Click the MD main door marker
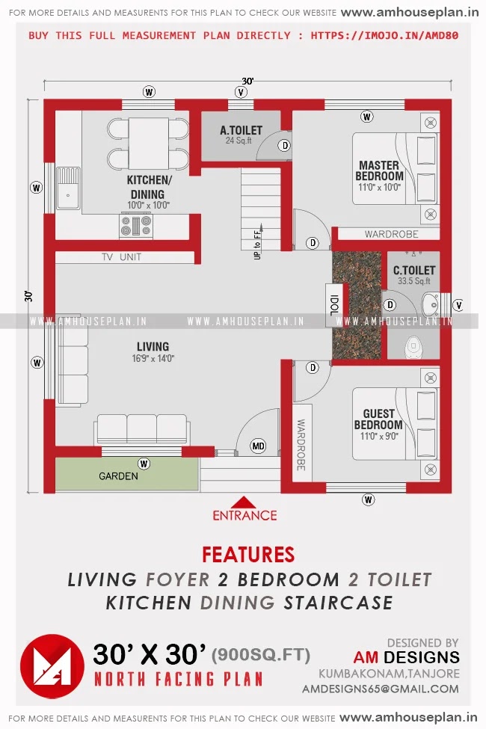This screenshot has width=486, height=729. coord(258,446)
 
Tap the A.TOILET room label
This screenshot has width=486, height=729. coord(241,130)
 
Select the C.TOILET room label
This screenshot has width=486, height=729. coord(414,270)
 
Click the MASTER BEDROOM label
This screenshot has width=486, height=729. coord(380,170)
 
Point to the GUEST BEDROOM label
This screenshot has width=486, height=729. coord(378,419)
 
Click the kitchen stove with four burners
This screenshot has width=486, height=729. coord(136,226)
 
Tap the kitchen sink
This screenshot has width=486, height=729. coord(68,188)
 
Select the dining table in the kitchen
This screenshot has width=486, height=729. coord(148,144)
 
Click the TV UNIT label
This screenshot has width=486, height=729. coord(121,257)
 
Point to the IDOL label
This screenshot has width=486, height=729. coord(334,305)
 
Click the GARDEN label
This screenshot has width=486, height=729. coord(119,476)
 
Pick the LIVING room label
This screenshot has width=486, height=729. coord(153,346)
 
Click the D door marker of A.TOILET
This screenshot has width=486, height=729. coord(285,146)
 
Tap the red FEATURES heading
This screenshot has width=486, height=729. coord(248,555)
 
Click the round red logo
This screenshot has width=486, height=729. coord(52,666)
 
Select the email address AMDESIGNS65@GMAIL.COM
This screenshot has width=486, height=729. coord(381,689)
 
